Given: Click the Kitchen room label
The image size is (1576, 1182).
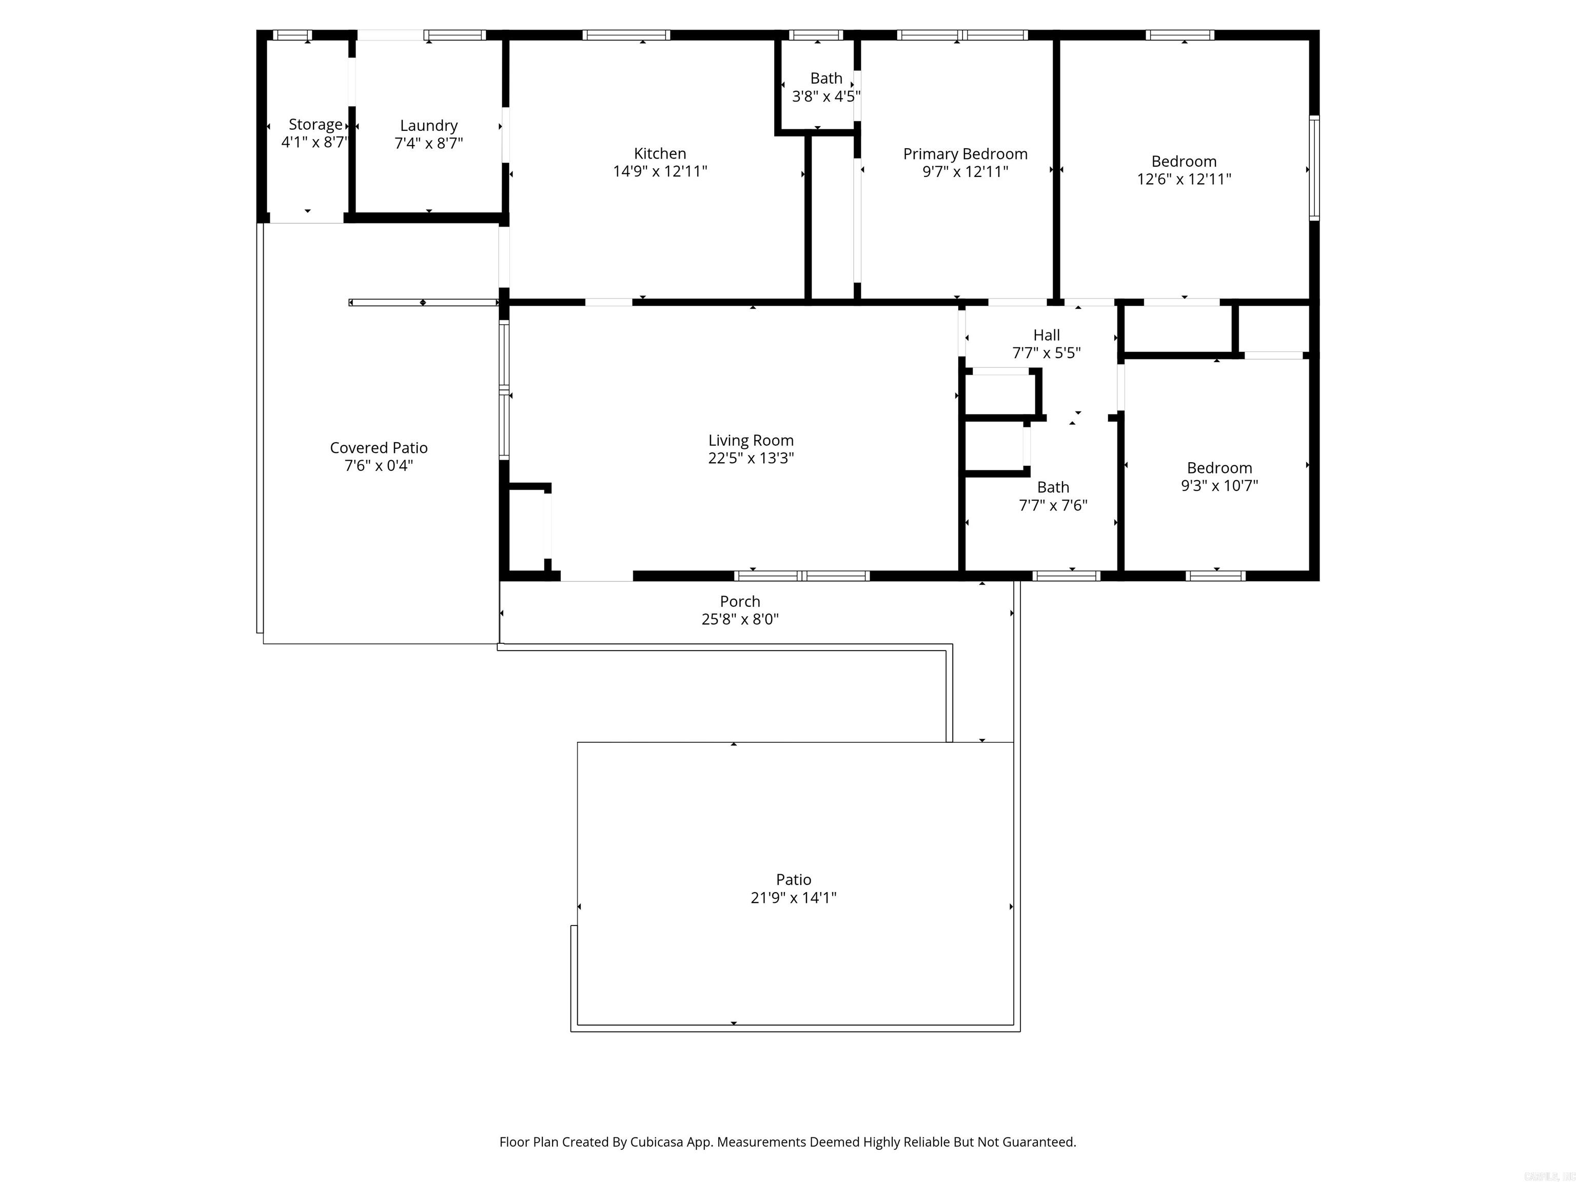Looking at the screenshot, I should pyautogui.click(x=660, y=153).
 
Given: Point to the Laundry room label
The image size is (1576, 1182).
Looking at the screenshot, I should pyautogui.click(x=428, y=125).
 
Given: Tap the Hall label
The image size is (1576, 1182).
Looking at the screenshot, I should pyautogui.click(x=1046, y=335).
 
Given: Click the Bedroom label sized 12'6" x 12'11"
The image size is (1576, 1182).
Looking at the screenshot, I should pyautogui.click(x=1184, y=161).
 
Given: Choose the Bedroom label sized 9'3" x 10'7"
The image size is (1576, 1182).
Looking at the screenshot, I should pyautogui.click(x=1219, y=468).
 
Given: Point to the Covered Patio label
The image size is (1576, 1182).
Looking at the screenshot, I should pyautogui.click(x=378, y=447).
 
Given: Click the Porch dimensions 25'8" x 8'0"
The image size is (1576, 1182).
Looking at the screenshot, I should pyautogui.click(x=740, y=619).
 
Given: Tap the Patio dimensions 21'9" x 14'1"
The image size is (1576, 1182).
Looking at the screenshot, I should pyautogui.click(x=793, y=898).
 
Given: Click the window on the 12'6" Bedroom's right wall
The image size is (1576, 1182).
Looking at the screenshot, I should pyautogui.click(x=1314, y=168).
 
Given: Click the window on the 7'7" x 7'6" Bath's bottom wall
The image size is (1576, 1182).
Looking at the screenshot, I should pyautogui.click(x=1066, y=576).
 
